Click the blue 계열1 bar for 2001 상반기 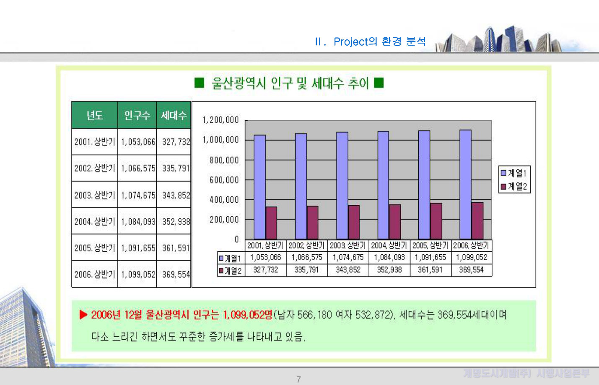(259, 187)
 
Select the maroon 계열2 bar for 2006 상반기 (477, 221)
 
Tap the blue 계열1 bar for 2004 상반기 (383, 185)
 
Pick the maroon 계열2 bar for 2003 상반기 (353, 222)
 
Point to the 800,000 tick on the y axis (224, 160)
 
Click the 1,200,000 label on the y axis (220, 120)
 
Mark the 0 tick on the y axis (237, 239)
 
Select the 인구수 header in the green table (137, 115)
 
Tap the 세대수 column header (174, 115)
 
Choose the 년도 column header (95, 115)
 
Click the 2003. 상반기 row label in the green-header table (95, 195)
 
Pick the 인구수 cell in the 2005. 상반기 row (138, 248)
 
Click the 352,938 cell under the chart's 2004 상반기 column (389, 270)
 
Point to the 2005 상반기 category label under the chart (430, 245)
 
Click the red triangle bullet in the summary (83, 315)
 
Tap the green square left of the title (199, 83)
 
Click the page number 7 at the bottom (299, 380)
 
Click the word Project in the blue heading (351, 41)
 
